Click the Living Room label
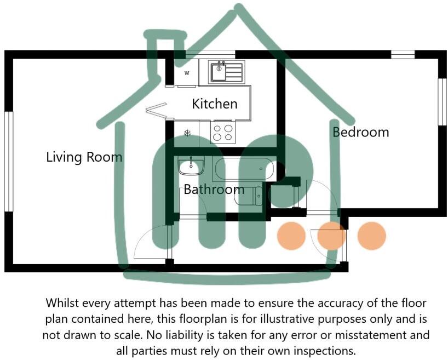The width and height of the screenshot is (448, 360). click(x=84, y=157)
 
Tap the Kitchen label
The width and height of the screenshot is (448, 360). click(x=215, y=104)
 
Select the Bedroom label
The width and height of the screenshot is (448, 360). click(x=361, y=132)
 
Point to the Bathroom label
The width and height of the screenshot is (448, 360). click(x=214, y=190)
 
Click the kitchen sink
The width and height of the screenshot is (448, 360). click(x=226, y=71)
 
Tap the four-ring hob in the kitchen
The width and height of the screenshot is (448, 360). click(x=222, y=132)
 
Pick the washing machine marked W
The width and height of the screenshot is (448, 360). click(x=187, y=73)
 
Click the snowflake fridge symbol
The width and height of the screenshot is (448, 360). click(x=187, y=133)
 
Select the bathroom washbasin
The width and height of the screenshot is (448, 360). click(x=191, y=165)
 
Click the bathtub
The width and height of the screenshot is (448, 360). click(x=243, y=169)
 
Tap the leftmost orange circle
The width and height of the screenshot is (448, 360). click(x=291, y=236)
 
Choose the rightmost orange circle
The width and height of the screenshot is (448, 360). click(x=372, y=236)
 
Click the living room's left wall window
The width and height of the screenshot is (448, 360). click(x=8, y=161)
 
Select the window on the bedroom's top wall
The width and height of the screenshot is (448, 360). click(x=403, y=54)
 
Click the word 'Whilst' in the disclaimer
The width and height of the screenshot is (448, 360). click(x=62, y=303)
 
